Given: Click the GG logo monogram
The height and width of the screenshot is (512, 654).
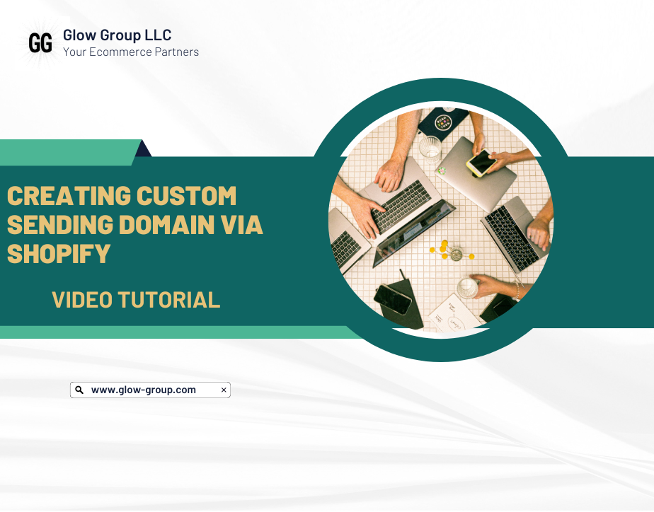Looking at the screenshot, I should click(x=40, y=44).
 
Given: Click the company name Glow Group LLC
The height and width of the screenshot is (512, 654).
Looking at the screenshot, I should click(x=117, y=35).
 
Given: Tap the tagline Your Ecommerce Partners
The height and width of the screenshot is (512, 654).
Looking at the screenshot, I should click(x=131, y=52).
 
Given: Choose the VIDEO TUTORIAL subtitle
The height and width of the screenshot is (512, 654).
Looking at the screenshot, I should click(x=136, y=299).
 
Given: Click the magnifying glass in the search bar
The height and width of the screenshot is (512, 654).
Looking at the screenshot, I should click(x=79, y=390).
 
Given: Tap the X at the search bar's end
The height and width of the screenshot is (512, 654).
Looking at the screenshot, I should click(x=224, y=390).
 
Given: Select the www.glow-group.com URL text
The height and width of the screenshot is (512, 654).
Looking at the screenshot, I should click(x=144, y=390).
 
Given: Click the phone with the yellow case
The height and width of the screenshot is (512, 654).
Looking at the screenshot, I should click(x=481, y=163).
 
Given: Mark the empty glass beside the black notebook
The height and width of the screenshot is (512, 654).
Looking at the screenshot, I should click(x=430, y=148).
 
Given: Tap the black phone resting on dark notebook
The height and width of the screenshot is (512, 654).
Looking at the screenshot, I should click(x=393, y=299).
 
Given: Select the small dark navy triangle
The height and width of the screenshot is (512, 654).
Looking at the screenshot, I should click(x=144, y=148).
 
